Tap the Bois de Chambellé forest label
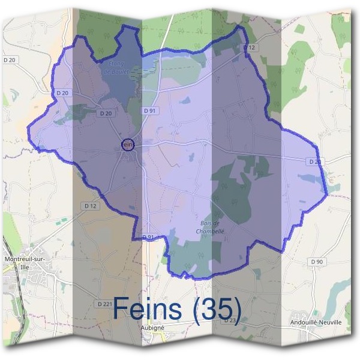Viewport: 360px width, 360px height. pos(211,227)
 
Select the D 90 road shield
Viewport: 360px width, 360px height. pos(316,262)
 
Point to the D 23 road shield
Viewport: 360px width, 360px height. pos(229,320)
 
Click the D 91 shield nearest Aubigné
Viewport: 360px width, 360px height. pos(148,238)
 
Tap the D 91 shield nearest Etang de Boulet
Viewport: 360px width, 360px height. pos(149,111)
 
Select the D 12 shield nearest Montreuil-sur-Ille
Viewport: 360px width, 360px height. pos(90,206)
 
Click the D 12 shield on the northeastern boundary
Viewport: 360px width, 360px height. pos(250,47)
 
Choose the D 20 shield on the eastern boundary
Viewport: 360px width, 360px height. pos(314,162)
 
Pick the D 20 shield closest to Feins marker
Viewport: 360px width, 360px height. pos(107,113)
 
